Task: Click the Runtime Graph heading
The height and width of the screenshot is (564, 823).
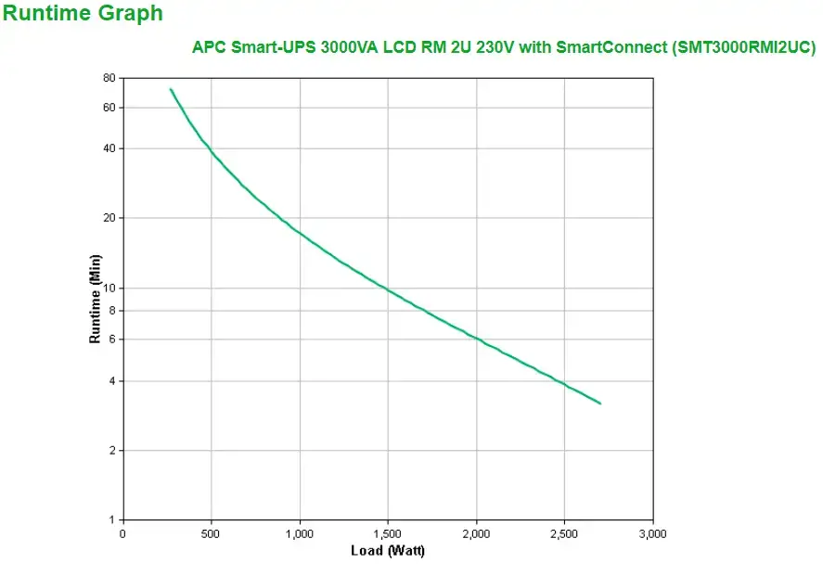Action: [83, 14]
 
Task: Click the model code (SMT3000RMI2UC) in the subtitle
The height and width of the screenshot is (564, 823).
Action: [743, 46]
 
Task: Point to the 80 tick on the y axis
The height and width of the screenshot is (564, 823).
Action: [109, 78]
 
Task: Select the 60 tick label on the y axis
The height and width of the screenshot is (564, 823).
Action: [109, 108]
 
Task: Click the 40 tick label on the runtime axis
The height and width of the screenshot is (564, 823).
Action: [109, 148]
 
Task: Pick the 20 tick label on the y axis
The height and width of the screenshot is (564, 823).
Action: [109, 218]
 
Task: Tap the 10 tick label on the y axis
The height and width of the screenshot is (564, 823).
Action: [109, 288]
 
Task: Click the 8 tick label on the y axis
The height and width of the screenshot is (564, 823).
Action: [112, 311]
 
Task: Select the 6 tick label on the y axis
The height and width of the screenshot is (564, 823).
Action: [112, 340]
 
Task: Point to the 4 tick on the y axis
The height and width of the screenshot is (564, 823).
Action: [112, 381]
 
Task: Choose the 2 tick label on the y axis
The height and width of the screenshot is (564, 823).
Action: [112, 451]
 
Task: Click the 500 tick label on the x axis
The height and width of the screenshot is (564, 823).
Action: [212, 534]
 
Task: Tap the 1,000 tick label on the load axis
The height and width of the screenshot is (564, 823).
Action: [300, 534]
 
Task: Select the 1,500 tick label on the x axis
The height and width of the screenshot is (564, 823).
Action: [388, 534]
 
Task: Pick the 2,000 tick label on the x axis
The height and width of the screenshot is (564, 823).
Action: [476, 534]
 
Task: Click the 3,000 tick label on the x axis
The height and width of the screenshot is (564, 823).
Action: [652, 534]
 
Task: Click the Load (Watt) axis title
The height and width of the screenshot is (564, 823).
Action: [388, 551]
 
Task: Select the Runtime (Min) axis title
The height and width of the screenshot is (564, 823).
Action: [95, 299]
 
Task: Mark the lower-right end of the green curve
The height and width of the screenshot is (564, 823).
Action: [600, 404]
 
